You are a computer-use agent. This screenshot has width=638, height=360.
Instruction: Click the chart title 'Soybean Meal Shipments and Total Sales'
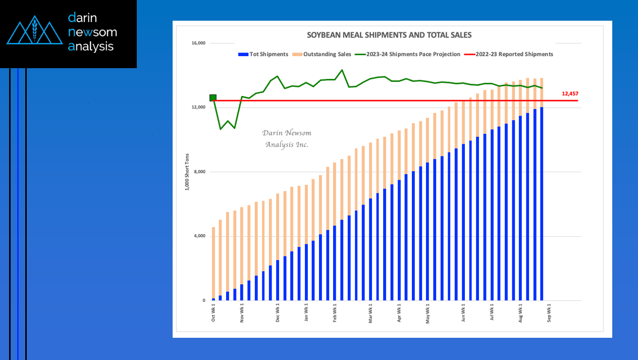click(389, 35)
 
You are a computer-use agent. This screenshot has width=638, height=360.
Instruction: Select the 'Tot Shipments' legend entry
click(263, 54)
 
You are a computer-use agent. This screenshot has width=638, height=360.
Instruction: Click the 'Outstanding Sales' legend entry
click(322, 54)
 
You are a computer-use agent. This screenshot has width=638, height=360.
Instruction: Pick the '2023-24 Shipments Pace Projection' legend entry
click(407, 54)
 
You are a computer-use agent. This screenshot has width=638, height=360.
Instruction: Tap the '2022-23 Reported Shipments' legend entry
click(509, 54)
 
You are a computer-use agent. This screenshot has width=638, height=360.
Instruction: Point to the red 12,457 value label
click(570, 93)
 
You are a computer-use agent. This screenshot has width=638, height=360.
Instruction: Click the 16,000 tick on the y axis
click(198, 43)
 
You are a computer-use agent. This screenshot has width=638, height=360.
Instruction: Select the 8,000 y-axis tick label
click(200, 172)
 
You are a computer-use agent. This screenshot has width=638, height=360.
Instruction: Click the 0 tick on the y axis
click(204, 300)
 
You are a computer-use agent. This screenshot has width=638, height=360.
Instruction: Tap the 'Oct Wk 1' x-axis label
click(214, 313)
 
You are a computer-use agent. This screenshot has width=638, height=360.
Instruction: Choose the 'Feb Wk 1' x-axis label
click(335, 313)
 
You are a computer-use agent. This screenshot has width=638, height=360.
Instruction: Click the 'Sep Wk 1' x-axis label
click(549, 313)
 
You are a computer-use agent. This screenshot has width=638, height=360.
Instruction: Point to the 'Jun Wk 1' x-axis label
click(463, 313)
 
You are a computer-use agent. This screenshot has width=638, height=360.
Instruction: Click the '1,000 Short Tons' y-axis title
click(187, 172)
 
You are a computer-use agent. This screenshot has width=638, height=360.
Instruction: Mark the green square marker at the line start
click(213, 98)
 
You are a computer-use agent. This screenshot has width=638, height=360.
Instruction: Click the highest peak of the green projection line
click(342, 70)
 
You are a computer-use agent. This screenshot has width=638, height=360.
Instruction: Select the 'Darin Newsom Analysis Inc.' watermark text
click(287, 139)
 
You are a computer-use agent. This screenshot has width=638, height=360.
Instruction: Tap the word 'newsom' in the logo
click(92, 32)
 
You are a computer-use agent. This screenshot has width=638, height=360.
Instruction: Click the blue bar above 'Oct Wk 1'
click(214, 299)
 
